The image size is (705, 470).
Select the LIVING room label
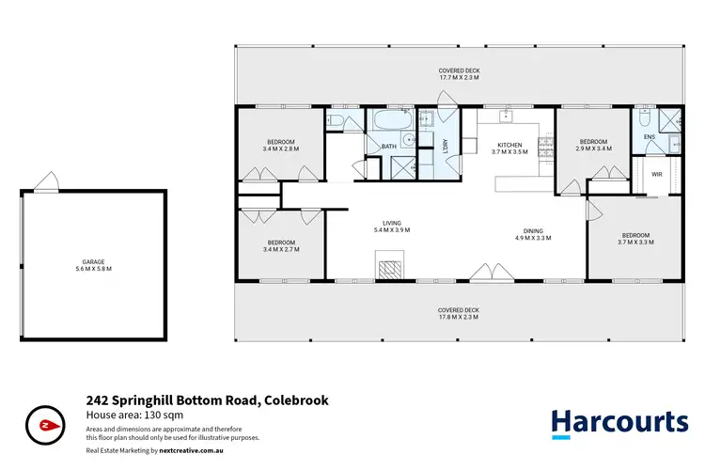click(x=391, y=224)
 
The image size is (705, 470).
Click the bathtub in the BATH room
click(x=386, y=122)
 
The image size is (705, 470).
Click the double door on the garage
click(x=44, y=182)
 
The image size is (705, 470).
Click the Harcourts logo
click(x=619, y=422)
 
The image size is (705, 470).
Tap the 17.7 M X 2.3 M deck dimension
click(x=459, y=77)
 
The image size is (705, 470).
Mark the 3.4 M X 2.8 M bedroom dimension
click(x=280, y=149)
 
